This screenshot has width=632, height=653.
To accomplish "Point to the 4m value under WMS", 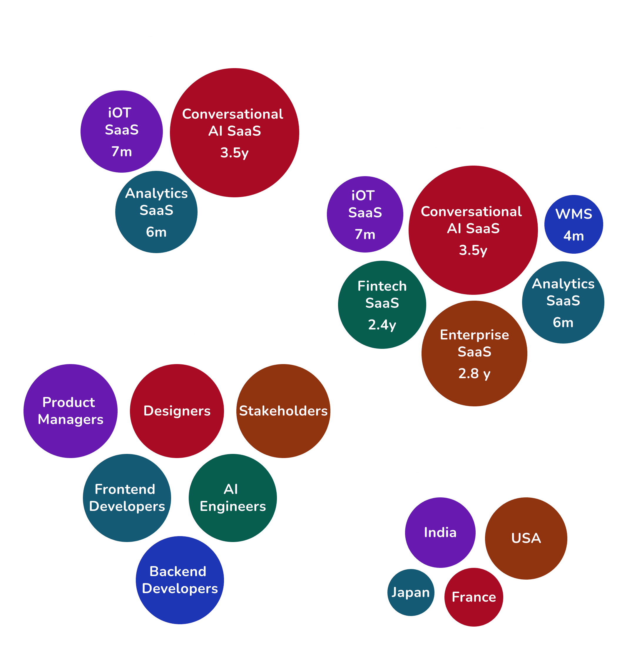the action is [574, 236].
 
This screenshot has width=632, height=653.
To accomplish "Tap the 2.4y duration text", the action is [382, 325].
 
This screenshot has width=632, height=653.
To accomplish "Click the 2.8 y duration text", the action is [474, 373].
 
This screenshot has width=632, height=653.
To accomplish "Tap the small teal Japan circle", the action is [411, 592].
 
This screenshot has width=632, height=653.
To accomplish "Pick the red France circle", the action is [474, 597].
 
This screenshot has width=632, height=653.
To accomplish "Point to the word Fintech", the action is [382, 286].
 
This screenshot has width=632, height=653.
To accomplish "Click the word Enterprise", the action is [474, 335].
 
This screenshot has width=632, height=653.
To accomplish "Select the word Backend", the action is [178, 571].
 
